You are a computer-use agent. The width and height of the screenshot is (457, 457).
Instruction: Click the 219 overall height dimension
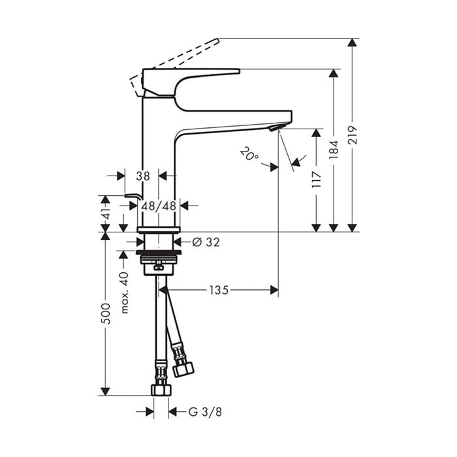point(353,135)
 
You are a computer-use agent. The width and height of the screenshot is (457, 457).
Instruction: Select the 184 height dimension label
point(334,150)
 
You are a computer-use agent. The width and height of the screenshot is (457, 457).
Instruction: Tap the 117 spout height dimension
point(317,180)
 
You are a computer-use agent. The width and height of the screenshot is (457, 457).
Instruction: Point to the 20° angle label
point(249,153)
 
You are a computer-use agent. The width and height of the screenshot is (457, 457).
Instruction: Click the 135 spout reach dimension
point(219,290)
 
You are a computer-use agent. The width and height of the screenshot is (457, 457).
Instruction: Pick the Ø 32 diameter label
point(206,242)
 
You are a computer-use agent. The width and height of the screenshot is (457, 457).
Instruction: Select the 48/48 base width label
point(159,206)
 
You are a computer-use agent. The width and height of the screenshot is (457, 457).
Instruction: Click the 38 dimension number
point(143,176)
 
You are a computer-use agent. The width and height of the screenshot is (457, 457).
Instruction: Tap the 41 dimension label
point(106,213)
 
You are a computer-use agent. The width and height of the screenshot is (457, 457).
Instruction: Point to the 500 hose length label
point(106,313)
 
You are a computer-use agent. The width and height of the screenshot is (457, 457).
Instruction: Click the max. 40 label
point(124,292)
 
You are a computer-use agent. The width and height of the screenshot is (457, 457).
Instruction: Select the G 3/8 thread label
point(205,412)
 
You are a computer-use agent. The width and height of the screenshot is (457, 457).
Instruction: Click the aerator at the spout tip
point(274,127)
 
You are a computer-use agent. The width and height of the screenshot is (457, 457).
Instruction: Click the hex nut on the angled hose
point(183,370)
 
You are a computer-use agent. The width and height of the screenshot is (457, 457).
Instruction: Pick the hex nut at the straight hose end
point(161,390)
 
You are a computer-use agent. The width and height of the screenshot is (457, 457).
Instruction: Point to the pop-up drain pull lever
point(133,196)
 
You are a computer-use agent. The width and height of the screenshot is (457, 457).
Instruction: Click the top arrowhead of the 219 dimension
point(353,42)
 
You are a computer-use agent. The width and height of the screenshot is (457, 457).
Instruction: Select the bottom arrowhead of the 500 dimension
point(106,392)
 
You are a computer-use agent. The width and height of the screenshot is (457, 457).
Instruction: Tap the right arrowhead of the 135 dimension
point(274,290)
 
